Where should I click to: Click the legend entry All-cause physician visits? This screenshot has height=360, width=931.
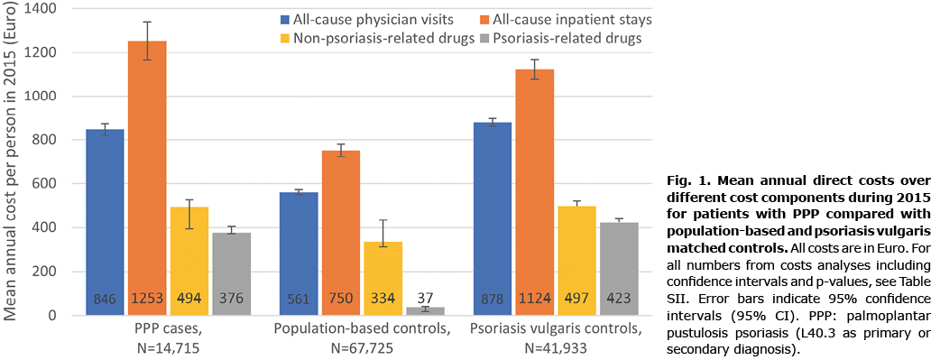[x=369, y=20]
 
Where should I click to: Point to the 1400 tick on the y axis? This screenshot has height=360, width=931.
[x=41, y=9]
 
